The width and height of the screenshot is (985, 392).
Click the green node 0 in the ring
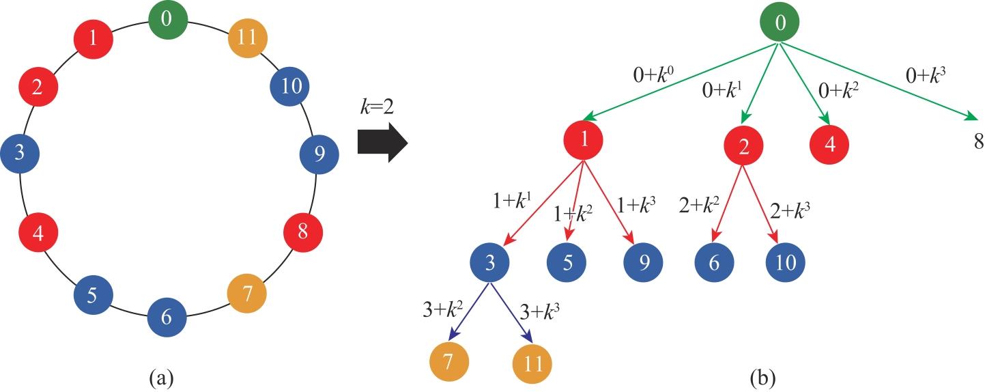[x=167, y=19]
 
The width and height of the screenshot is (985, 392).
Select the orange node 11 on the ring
[x=248, y=38]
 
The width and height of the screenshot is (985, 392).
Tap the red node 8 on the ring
[x=303, y=232]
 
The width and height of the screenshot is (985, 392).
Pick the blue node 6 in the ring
[x=167, y=317]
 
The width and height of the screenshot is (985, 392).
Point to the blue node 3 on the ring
[x=20, y=154]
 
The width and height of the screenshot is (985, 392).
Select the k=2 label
[x=377, y=107]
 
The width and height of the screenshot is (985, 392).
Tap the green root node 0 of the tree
[x=780, y=23]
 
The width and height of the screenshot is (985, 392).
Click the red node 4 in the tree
[x=830, y=145]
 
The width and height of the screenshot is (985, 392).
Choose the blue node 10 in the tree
[x=786, y=263]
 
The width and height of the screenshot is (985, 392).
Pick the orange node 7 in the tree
[x=449, y=363]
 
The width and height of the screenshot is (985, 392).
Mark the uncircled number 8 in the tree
[x=978, y=142]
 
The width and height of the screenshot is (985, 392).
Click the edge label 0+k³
[x=926, y=76]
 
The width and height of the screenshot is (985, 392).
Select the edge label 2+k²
[x=700, y=206]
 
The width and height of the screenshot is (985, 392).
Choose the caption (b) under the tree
[x=763, y=378]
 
